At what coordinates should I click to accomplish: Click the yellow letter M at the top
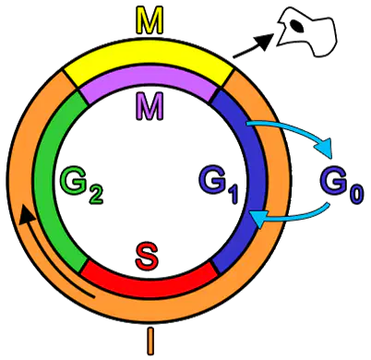[149, 21]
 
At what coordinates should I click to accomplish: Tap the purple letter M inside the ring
[149, 106]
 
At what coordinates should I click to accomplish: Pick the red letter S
[148, 256]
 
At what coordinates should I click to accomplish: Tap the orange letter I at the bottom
[150, 341]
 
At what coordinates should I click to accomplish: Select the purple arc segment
[149, 80]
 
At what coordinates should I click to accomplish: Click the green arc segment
[46, 182]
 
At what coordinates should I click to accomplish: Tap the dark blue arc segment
[252, 182]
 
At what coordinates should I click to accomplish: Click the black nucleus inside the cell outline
[297, 26]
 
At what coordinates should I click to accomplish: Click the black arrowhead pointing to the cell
[265, 40]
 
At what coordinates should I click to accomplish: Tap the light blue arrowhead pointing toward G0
[326, 148]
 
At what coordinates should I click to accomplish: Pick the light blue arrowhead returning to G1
[257, 218]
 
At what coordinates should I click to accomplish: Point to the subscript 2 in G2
[96, 195]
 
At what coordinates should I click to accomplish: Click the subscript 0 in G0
[356, 195]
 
